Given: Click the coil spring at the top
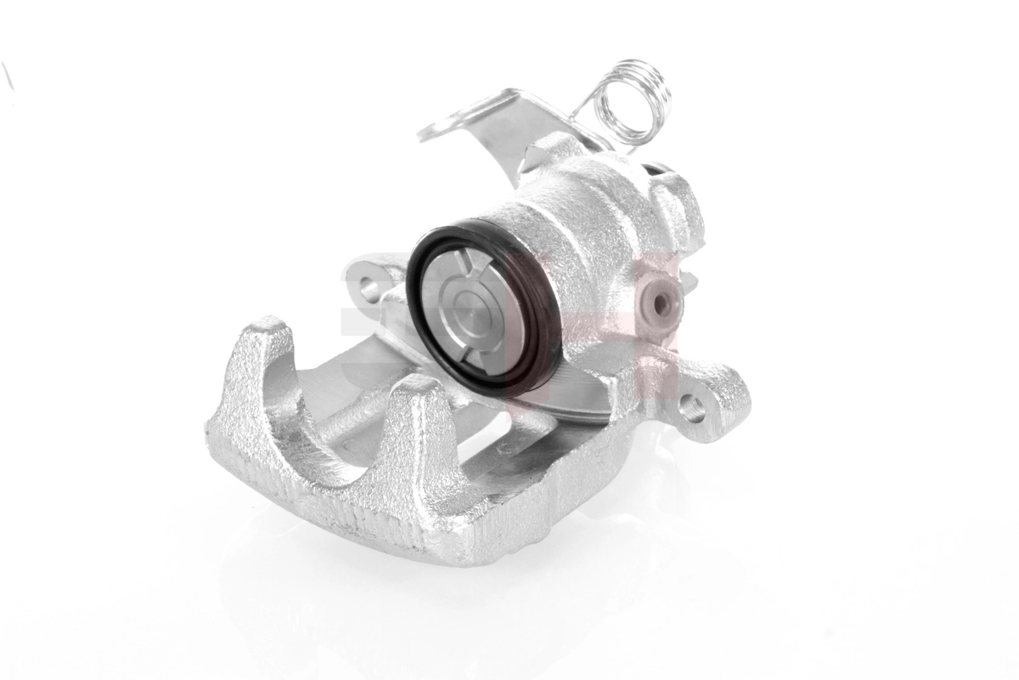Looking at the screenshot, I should tap(633, 100).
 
